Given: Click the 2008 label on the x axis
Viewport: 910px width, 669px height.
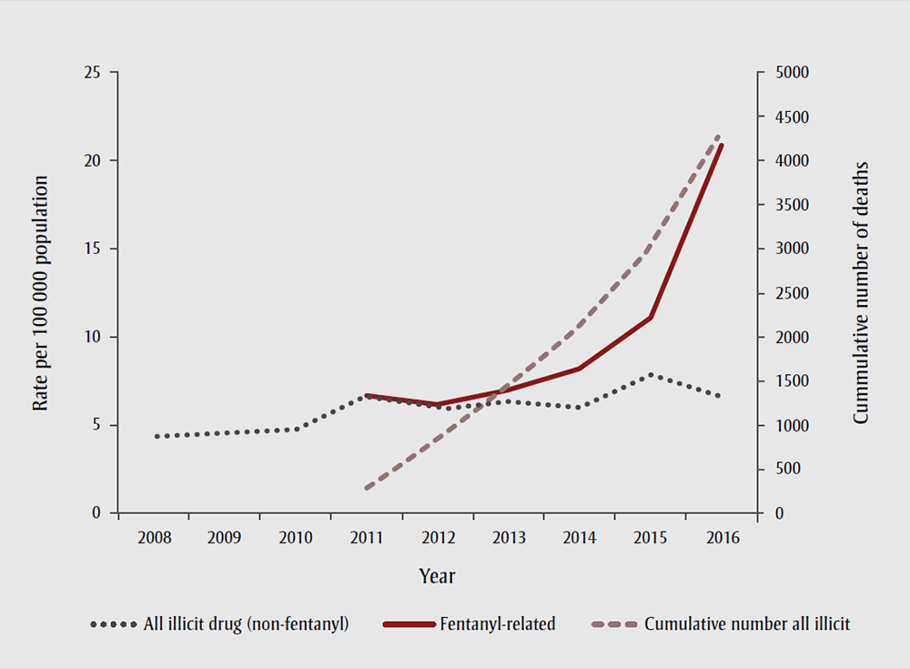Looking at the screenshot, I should (153, 538).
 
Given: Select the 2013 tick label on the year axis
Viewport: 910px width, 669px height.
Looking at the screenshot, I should (508, 538).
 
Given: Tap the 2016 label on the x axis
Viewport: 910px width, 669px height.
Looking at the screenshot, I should (721, 538).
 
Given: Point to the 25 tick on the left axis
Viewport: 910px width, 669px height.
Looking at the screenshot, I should (92, 72).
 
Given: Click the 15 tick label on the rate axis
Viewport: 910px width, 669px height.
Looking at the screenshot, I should (92, 248).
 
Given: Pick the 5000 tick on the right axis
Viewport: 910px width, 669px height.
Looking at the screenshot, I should (787, 72).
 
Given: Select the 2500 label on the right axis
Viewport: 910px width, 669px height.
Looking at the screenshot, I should (787, 293).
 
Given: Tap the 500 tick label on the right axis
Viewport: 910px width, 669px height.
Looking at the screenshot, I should (784, 470).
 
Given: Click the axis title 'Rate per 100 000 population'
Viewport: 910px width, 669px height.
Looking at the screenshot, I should (41, 293).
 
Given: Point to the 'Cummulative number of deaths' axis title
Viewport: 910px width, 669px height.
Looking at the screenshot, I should (861, 293).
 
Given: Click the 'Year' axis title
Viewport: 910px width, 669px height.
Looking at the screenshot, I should (437, 577).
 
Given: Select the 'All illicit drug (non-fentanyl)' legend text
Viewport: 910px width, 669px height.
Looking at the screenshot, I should (247, 624).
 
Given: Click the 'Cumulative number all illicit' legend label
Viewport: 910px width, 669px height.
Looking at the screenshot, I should (747, 624).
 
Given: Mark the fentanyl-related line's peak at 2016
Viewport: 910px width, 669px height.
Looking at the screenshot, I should (722, 145).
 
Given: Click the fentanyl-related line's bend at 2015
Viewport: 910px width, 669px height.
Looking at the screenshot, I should (651, 318).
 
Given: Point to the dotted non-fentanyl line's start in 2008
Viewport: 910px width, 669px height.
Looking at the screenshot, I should (157, 437).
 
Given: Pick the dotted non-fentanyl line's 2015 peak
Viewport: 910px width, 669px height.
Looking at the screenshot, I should (651, 374).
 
